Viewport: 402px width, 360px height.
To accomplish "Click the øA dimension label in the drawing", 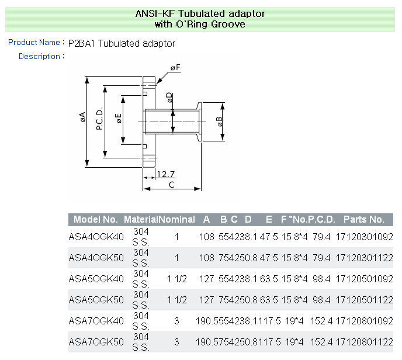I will coord(83,118).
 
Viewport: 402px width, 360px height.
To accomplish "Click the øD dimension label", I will coord(169,98).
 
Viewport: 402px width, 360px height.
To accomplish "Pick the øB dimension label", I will coord(219,122).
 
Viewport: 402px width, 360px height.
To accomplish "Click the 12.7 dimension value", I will coord(166,174).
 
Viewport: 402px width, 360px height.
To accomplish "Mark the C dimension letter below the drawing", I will coord(171,185).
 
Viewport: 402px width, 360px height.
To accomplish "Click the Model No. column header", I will coord(95,220).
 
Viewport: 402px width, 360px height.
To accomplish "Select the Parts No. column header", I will coord(363,220).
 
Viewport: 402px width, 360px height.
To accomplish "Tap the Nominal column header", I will coord(177,220).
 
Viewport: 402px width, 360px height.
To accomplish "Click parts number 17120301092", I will coord(365,237).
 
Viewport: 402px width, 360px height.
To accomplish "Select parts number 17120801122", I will coord(365,342).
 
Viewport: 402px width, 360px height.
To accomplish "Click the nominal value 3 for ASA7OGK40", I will coord(176,321).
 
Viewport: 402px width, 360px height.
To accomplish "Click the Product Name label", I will coord(34,43).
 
